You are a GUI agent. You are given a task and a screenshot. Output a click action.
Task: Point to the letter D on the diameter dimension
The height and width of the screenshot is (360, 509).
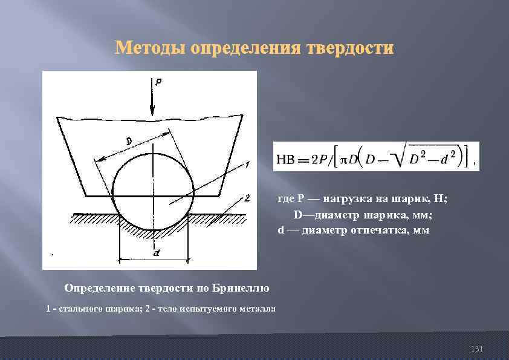pos(129,141)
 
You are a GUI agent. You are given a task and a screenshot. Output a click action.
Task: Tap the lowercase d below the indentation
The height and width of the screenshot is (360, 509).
pos(157,254)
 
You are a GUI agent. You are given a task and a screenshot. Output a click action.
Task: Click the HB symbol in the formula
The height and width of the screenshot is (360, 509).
pos(286,159)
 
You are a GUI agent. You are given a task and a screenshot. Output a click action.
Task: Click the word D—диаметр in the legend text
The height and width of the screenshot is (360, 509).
pos(323,215)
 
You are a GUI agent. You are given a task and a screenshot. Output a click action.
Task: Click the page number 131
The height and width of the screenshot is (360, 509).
pos(477,349)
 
